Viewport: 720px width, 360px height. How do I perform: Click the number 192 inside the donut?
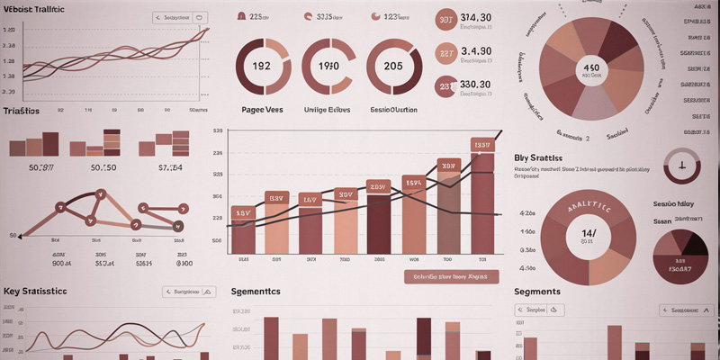pyautogui.click(x=261, y=66)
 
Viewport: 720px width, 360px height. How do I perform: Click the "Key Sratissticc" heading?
pyautogui.click(x=35, y=292)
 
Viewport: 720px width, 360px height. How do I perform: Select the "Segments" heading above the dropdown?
pyautogui.click(x=537, y=292)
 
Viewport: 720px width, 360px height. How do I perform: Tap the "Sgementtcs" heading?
pyautogui.click(x=256, y=292)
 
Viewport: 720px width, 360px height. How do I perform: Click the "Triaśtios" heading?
pyautogui.click(x=21, y=111)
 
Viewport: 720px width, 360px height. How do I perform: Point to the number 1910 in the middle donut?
pyautogui.click(x=328, y=66)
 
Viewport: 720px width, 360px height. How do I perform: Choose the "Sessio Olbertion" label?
pyautogui.click(x=394, y=108)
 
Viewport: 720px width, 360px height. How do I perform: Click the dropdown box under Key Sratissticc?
pyautogui.click(x=189, y=292)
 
